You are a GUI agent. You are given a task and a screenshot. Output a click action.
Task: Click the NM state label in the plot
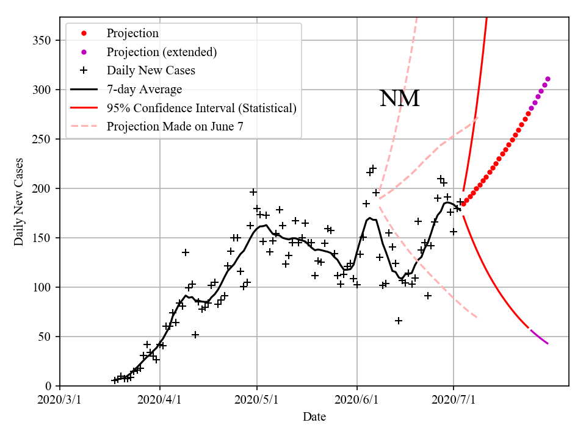399,98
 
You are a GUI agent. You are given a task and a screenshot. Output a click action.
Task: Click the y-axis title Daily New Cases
19,201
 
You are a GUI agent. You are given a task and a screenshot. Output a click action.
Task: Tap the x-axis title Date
314,417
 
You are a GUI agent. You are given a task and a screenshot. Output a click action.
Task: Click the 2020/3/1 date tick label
60,400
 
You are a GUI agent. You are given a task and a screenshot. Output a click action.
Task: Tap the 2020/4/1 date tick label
159,400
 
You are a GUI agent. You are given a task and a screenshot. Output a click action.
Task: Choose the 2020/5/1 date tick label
257,400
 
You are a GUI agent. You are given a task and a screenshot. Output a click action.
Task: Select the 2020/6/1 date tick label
357,400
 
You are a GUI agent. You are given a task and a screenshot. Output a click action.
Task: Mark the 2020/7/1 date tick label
454,400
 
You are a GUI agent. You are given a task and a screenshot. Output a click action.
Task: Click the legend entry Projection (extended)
162,52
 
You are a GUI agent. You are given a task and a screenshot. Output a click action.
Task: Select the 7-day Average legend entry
144,90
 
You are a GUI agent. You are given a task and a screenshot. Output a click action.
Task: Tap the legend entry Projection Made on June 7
179,127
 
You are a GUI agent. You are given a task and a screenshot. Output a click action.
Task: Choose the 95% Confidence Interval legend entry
201,108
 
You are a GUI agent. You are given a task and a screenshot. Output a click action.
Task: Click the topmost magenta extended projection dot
548,79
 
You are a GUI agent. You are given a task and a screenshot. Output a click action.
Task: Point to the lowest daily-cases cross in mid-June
398,321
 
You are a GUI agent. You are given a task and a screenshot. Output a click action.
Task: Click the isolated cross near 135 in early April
186,252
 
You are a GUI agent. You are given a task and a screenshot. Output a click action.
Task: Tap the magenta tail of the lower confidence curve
540,337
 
